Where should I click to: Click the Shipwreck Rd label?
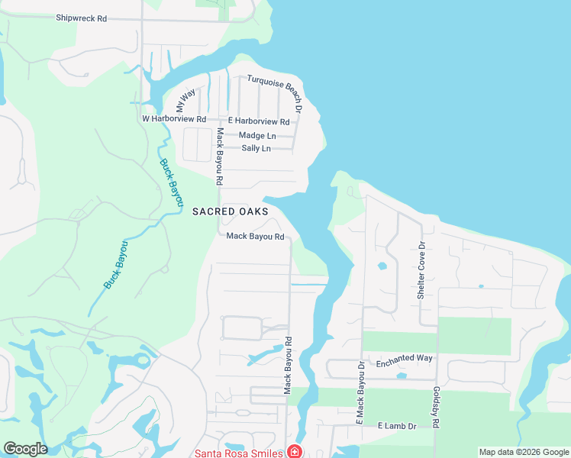(x=81, y=18)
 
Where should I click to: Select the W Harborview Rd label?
(x=174, y=119)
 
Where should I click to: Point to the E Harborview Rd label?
(x=259, y=121)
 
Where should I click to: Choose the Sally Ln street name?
(x=256, y=148)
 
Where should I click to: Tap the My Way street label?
(x=185, y=99)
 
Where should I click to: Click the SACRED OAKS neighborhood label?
(x=231, y=211)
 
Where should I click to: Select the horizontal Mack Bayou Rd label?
(x=255, y=237)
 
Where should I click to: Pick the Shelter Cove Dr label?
(x=420, y=270)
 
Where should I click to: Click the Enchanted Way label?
(x=404, y=358)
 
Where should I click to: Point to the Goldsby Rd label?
(x=436, y=409)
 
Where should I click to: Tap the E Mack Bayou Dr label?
(x=361, y=391)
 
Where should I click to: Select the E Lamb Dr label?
(x=396, y=426)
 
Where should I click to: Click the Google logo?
(x=25, y=449)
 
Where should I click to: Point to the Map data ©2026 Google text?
(x=523, y=452)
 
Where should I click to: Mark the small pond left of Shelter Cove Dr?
(x=382, y=266)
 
